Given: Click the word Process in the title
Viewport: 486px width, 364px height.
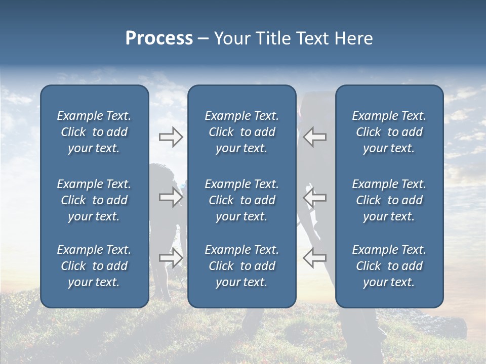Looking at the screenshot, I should pyautogui.click(x=159, y=38).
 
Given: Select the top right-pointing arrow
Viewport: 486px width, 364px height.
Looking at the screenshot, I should pyautogui.click(x=171, y=136).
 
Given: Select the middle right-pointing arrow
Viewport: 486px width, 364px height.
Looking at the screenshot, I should pyautogui.click(x=171, y=197).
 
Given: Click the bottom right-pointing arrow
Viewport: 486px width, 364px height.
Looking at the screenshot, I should pyautogui.click(x=171, y=258).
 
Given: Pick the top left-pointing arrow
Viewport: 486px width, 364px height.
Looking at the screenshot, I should pyautogui.click(x=314, y=136).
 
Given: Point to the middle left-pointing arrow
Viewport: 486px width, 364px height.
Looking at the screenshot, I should pyautogui.click(x=314, y=197).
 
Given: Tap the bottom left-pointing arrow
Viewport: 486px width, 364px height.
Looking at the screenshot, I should pyautogui.click(x=314, y=258).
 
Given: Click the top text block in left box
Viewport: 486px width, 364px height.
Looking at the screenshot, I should pyautogui.click(x=94, y=132).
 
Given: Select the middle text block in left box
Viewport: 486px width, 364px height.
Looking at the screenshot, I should pyautogui.click(x=94, y=200).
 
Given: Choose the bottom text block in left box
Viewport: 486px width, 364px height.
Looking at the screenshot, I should pyautogui.click(x=94, y=266).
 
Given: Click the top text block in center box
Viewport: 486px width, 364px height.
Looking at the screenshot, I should pyautogui.click(x=241, y=132).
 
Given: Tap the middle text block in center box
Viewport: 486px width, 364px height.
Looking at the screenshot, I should pyautogui.click(x=241, y=200).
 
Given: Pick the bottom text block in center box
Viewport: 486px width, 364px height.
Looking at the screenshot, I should pyautogui.click(x=241, y=266).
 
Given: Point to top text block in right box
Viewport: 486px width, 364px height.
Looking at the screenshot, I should pyautogui.click(x=389, y=132).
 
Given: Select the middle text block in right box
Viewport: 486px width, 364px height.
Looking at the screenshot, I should pyautogui.click(x=389, y=200).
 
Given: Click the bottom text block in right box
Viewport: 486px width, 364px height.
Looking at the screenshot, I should pyautogui.click(x=389, y=266).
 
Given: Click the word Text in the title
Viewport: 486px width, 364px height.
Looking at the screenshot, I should pyautogui.click(x=311, y=38).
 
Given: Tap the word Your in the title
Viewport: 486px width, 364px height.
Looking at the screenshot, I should pyautogui.click(x=231, y=38).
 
